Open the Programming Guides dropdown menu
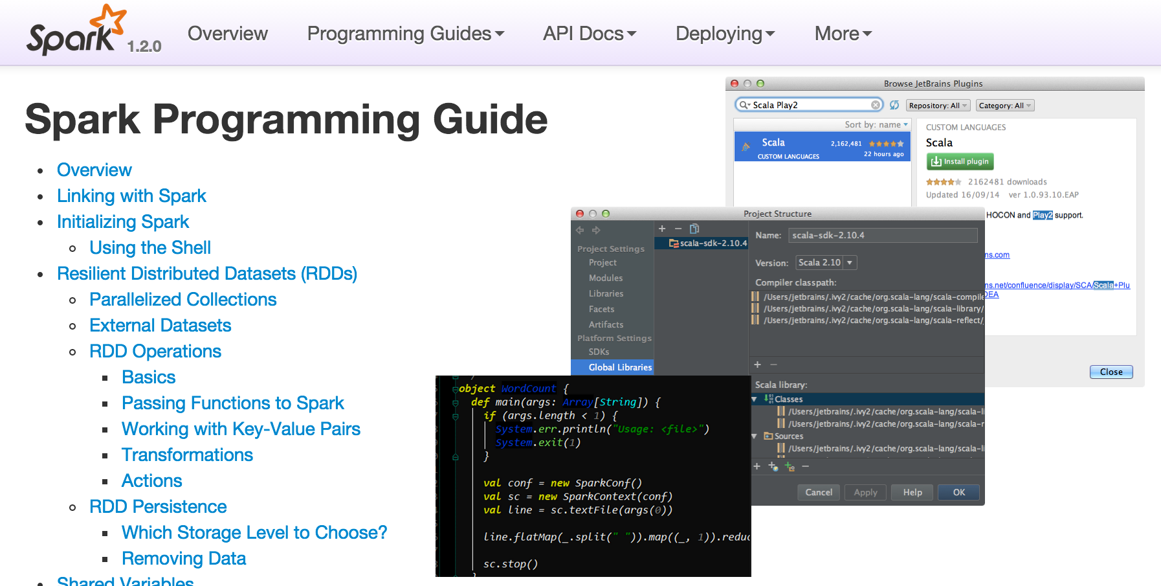[x=405, y=34]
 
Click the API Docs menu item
[x=590, y=34]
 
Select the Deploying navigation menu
[x=725, y=34]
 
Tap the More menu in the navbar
[x=843, y=34]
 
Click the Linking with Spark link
[x=131, y=196]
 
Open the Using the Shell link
[x=150, y=247]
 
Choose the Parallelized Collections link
[x=183, y=299]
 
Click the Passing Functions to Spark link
[x=233, y=403]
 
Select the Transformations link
[x=187, y=455]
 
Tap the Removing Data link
[x=184, y=558]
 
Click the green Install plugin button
[x=960, y=161]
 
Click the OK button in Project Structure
[x=958, y=492]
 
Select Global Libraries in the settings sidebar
[x=619, y=367]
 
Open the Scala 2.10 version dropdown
[x=826, y=262]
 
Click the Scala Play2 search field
[x=809, y=105]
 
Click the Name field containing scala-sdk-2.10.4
[x=883, y=235]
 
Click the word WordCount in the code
[x=528, y=389]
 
